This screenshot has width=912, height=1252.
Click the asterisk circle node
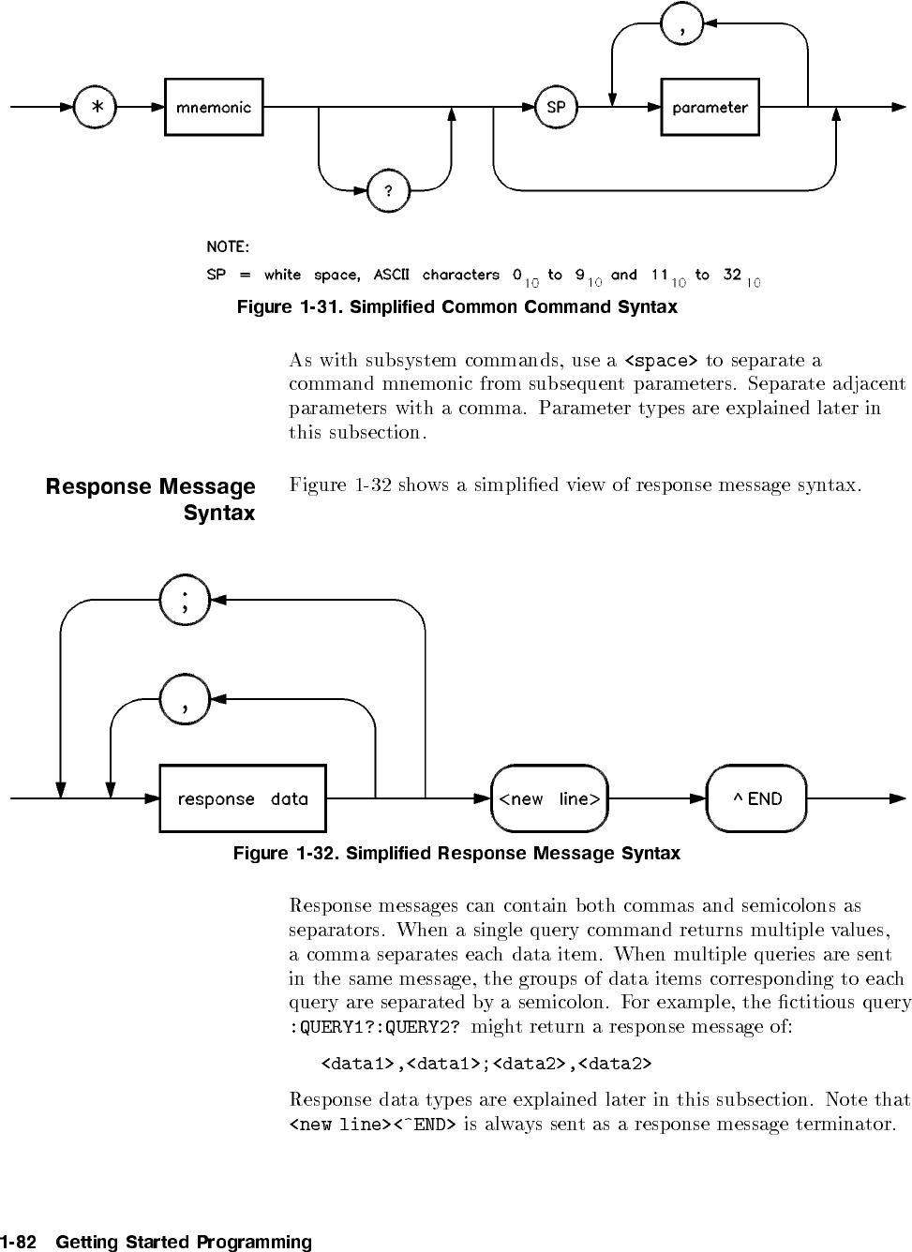point(97,108)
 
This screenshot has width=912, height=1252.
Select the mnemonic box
point(214,108)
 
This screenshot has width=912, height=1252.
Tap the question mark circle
point(389,191)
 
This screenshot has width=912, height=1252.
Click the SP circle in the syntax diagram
point(556,108)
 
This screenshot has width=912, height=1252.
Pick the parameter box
point(710,108)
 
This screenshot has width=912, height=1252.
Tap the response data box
point(243,798)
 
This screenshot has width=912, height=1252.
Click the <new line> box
point(549,798)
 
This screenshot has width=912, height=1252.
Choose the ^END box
point(756,798)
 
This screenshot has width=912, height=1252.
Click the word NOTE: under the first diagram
point(228,247)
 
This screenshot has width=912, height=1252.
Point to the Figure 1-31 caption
point(456,307)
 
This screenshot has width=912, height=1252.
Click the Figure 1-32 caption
point(456,854)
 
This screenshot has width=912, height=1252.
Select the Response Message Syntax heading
point(151,499)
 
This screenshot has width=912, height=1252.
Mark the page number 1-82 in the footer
point(19,1243)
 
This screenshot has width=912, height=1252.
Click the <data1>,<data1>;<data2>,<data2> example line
point(486,1064)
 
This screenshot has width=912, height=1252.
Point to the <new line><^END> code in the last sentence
point(372,1124)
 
